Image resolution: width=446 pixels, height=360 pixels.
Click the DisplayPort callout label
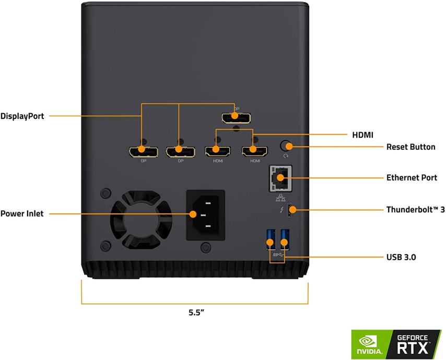click(x=22, y=116)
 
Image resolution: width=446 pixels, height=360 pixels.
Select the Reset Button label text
click(x=410, y=147)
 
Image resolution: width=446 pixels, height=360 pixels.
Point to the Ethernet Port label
click(x=412, y=178)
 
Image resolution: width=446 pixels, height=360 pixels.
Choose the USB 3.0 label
click(x=401, y=257)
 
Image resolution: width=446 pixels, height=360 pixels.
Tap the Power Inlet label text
click(x=22, y=213)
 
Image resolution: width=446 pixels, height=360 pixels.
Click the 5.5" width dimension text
click(x=196, y=313)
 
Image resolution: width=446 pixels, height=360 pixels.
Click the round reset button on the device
click(x=286, y=146)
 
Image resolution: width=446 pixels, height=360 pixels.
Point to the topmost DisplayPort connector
click(x=236, y=117)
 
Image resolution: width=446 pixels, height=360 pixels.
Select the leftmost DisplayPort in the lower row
click(x=144, y=151)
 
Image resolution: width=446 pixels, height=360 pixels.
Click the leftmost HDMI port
click(x=217, y=151)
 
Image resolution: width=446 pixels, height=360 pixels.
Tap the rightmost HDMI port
click(x=254, y=151)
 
